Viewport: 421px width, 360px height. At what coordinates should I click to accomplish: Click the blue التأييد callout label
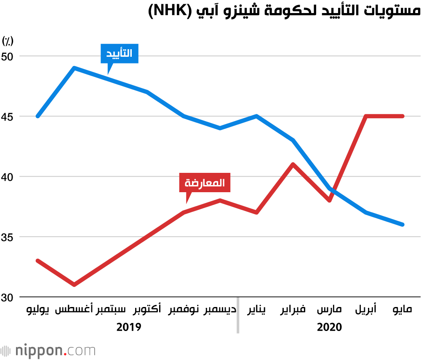click(119, 53)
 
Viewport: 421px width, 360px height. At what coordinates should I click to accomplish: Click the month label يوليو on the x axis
click(38, 311)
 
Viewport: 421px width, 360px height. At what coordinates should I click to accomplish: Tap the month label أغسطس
click(74, 311)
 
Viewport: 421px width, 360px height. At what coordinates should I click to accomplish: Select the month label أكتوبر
click(147, 311)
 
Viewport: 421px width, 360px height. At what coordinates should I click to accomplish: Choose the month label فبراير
click(293, 311)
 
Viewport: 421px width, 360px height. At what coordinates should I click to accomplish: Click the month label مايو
click(402, 311)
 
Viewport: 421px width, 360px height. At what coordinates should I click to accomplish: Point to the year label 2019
click(128, 327)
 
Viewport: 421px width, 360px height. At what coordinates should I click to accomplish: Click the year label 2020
click(329, 327)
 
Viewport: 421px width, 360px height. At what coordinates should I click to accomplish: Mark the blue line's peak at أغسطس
click(74, 68)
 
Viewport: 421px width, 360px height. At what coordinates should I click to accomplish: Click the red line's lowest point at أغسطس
click(74, 285)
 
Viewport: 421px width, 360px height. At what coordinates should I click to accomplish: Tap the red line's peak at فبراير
click(293, 164)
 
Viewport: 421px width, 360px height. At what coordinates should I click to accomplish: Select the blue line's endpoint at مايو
click(402, 225)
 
